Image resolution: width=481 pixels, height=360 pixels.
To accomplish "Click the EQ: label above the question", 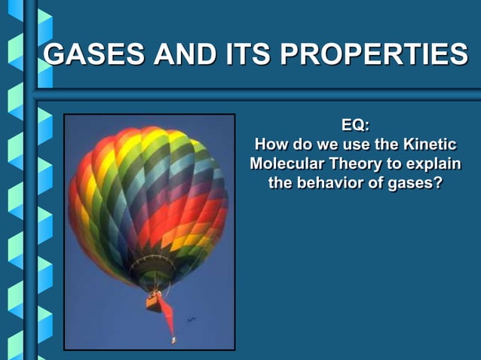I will point(355,126).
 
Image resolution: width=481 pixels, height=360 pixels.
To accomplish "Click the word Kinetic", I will point(430,145).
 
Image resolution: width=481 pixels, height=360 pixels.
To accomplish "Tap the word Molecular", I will point(286,163).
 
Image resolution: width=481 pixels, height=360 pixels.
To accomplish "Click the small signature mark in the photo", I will point(191,321).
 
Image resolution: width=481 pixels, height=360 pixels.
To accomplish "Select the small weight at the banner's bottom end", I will point(173,340).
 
